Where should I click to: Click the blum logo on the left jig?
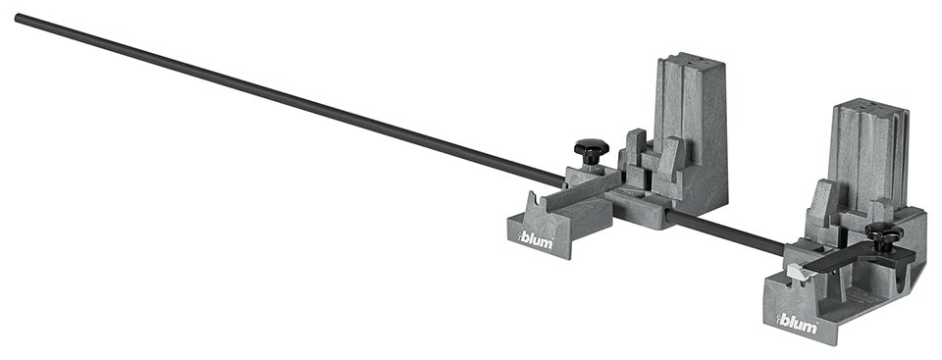pos(536,239)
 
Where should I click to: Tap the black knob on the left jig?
pos(592,151)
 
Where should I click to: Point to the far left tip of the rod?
pos(19,17)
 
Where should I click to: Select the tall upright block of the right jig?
pos(864,157)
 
